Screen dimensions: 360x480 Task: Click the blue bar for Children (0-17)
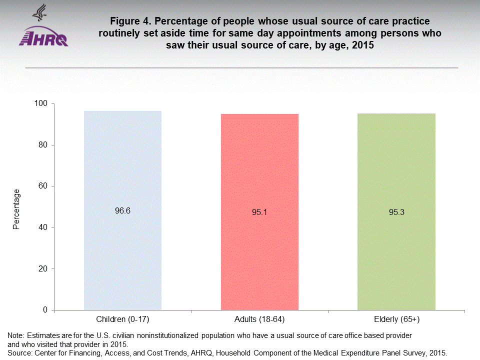(122, 250)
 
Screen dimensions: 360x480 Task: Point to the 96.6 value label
(122, 211)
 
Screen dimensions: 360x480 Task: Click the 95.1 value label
(259, 212)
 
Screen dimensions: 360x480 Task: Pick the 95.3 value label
(396, 212)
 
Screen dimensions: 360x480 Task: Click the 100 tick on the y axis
(41, 103)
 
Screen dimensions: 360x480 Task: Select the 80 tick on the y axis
(43, 145)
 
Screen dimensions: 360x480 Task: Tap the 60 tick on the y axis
(43, 186)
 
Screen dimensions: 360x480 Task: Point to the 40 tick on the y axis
(43, 227)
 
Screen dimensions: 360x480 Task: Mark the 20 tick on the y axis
(43, 269)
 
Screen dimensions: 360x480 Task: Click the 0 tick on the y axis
(45, 310)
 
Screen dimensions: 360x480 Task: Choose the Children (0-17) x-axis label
(122, 319)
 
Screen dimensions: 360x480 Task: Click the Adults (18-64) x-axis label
(259, 319)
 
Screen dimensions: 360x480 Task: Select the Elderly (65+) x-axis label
(396, 319)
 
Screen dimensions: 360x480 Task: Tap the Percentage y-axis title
(16, 209)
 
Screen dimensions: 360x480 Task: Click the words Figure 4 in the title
(131, 22)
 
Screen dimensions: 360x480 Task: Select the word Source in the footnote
(18, 352)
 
